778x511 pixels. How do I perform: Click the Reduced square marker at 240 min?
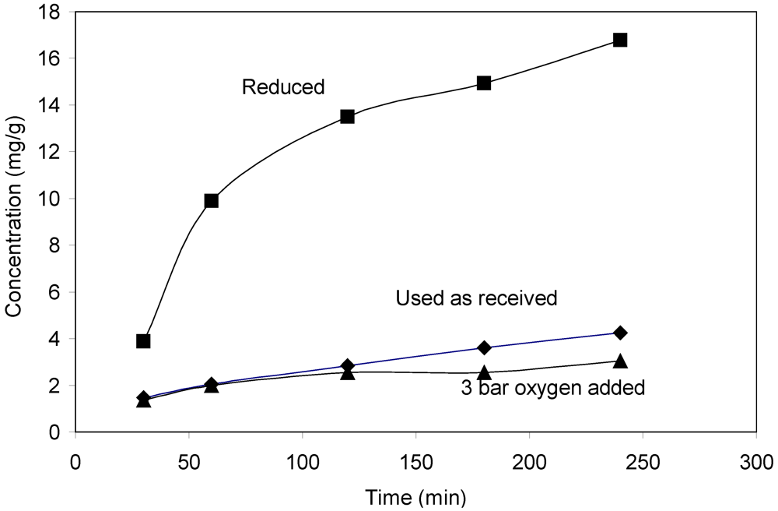coord(620,40)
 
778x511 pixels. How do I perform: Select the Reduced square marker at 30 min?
coord(143,341)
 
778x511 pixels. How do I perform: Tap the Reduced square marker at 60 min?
coord(211,201)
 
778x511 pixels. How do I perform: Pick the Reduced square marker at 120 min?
coord(348,117)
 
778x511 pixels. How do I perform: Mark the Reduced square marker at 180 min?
coord(484,83)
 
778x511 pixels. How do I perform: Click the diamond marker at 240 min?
coord(620,333)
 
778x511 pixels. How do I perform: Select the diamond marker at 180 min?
coord(484,347)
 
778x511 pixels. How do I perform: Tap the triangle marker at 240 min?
coord(620,361)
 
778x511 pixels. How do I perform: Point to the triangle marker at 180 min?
coord(484,372)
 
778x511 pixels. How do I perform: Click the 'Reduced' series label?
coord(282,87)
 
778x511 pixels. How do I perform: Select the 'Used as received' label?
coord(476,298)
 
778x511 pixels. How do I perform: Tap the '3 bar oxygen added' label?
coord(553,388)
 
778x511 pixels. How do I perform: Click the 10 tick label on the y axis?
coord(51,199)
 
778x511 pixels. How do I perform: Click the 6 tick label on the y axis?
coord(55,292)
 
